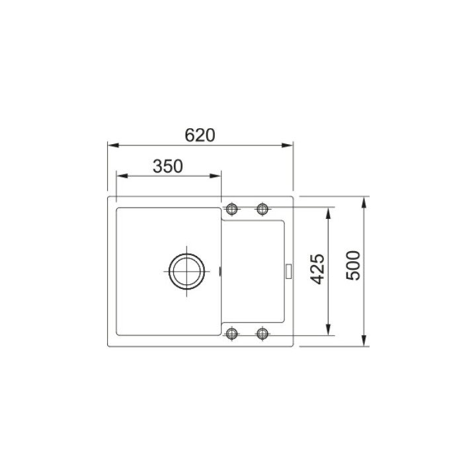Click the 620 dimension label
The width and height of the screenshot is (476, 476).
(200, 136)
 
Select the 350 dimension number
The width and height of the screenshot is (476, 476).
(168, 167)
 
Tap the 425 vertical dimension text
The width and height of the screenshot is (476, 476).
(317, 269)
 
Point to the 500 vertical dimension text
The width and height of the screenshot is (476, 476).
(353, 266)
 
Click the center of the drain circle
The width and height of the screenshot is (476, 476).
(186, 271)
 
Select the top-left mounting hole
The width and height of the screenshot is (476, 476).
(232, 209)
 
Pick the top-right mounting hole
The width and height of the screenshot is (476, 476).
(262, 209)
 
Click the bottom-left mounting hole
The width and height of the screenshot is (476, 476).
(232, 334)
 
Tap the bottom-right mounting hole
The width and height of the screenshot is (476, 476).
(262, 334)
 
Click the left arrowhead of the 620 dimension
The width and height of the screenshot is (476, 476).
(113, 145)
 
